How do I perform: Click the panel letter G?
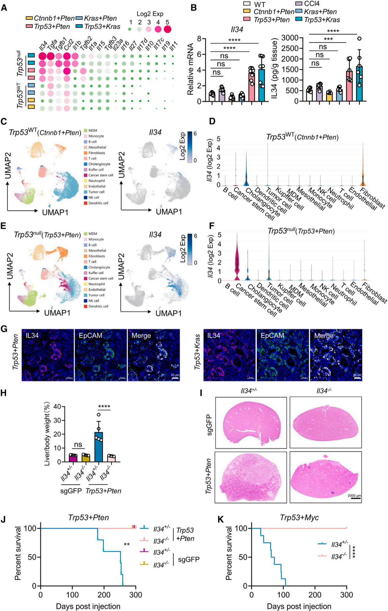[4, 329]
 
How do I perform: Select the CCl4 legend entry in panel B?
[311, 4]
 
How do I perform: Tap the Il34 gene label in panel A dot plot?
[43, 46]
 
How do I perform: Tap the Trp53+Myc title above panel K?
[299, 518]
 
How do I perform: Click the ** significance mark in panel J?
[126, 545]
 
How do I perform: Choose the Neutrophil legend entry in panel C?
[96, 181]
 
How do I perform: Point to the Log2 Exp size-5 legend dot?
[168, 29]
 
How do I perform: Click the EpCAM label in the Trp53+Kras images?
[272, 336]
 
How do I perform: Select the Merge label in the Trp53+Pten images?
[141, 336]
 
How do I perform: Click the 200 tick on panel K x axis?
[315, 595]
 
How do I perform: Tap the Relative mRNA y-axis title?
[190, 69]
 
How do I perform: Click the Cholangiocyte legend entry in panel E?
[99, 267]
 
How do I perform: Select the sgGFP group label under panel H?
[71, 491]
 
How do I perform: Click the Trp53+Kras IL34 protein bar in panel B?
[359, 83]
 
